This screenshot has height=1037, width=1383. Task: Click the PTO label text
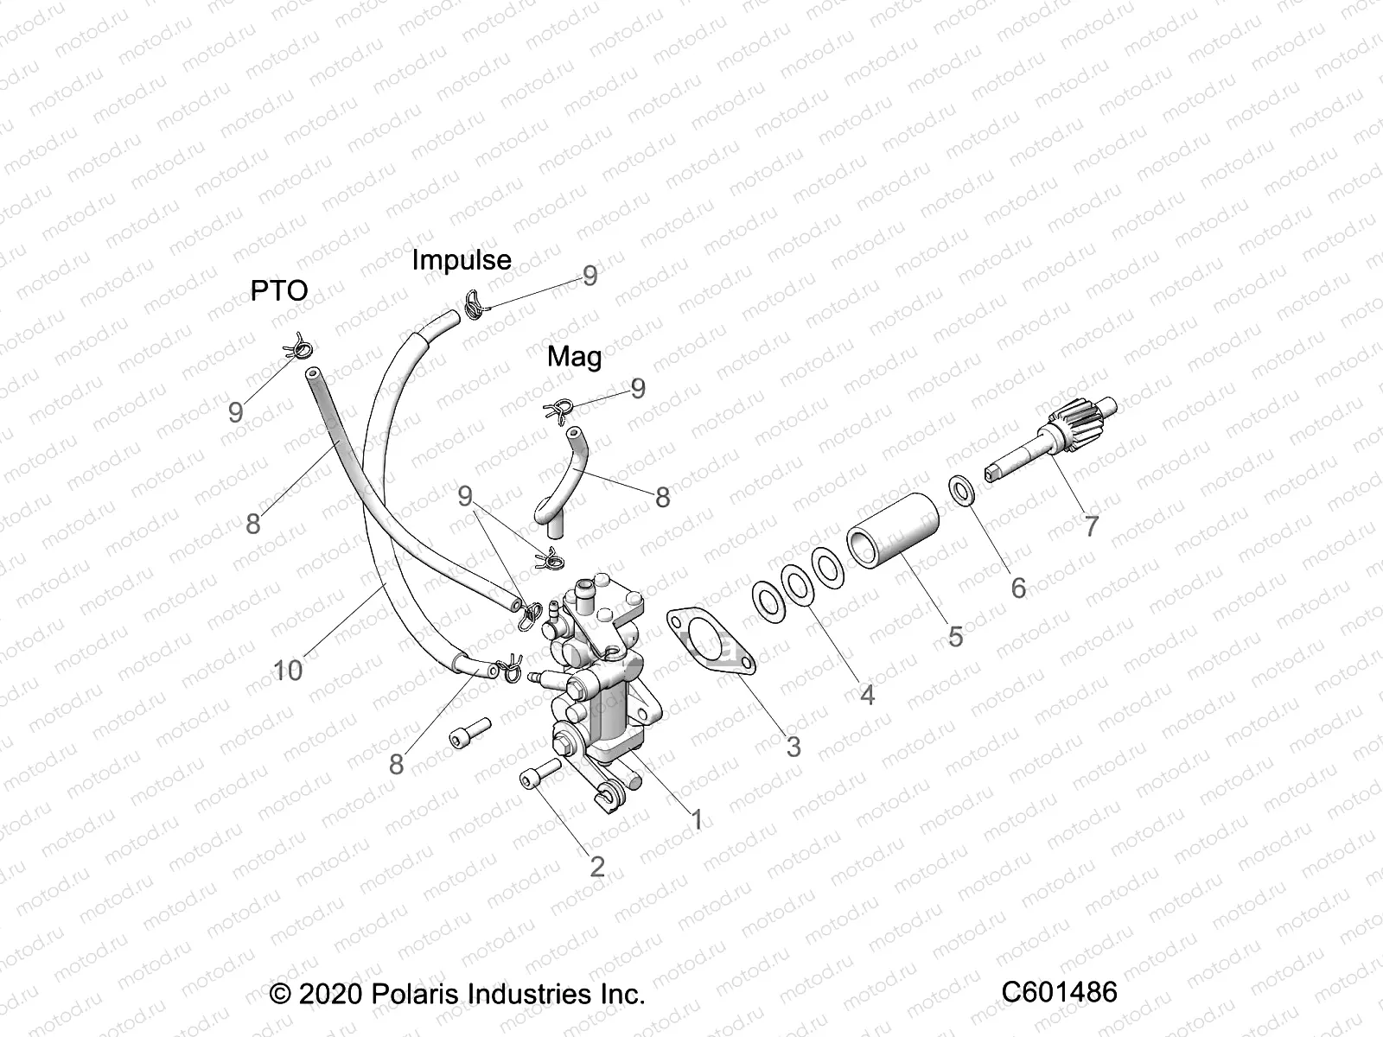click(279, 290)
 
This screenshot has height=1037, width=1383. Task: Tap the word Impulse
click(461, 259)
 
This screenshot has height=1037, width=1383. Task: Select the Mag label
click(575, 356)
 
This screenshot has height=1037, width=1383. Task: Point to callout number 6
click(1018, 588)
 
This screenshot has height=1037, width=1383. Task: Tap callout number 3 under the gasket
click(793, 746)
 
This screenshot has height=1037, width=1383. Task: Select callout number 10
click(289, 670)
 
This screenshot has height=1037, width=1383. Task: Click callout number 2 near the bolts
click(596, 866)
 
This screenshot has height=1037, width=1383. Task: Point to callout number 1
click(696, 819)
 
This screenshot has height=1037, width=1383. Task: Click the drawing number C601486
click(1059, 991)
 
